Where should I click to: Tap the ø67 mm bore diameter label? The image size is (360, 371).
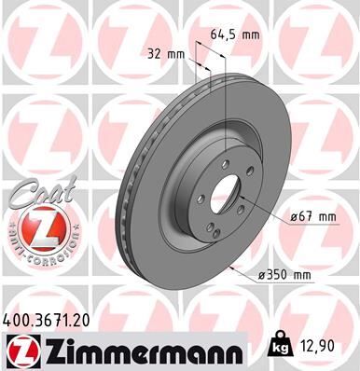coord(310,216)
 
